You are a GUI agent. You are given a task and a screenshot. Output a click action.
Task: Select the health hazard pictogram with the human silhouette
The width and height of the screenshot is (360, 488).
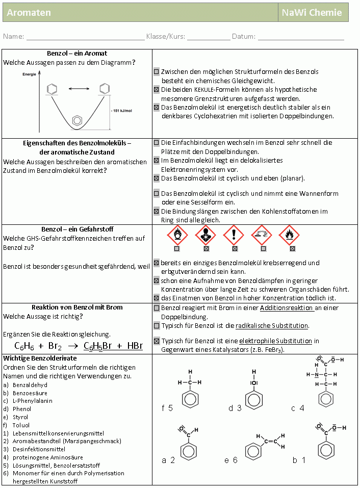206,235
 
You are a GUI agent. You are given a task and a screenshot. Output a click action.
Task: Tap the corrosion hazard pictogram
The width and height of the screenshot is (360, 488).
263,235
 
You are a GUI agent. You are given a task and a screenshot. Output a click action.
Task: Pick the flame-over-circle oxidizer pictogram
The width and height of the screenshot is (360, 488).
177,235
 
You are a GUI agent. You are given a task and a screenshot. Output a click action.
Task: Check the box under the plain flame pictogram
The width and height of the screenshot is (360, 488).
292,249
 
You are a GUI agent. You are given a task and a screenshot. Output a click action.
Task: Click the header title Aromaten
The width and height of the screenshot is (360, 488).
29,13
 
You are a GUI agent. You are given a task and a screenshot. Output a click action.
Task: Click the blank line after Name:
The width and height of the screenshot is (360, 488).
85,37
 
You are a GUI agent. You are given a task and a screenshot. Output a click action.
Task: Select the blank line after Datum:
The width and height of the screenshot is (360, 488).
301,37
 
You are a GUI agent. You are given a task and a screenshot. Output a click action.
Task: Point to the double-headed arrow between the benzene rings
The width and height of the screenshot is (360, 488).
78,89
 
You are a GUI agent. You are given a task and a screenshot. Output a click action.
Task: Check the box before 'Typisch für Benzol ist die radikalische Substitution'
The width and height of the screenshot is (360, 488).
157,325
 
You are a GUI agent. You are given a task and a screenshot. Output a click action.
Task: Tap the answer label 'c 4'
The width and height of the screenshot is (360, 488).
298,408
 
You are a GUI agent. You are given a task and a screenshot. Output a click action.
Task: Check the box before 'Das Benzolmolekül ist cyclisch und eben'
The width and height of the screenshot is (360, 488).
157,178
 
